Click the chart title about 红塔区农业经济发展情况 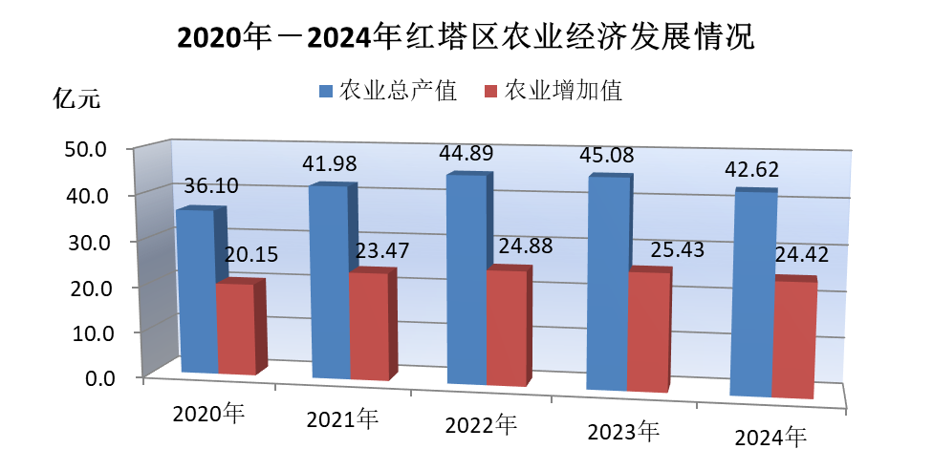click(x=466, y=37)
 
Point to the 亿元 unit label click(x=76, y=98)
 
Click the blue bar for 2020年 click(x=195, y=290)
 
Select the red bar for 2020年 click(x=235, y=329)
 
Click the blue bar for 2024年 click(x=750, y=294)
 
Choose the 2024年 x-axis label click(x=770, y=439)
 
